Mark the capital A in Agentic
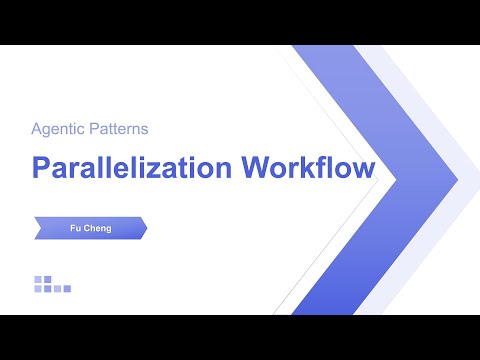pyautogui.click(x=38, y=129)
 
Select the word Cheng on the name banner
pyautogui.click(x=97, y=228)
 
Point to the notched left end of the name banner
pyautogui.click(x=37, y=228)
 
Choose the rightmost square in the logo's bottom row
pyautogui.click(x=67, y=289)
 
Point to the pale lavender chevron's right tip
pyautogui.click(x=457, y=181)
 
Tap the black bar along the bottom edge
pyautogui.click(x=240, y=337)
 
